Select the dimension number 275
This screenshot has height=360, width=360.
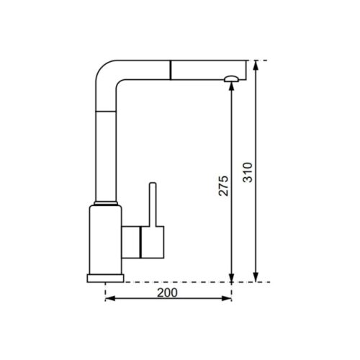pyautogui.click(x=223, y=186)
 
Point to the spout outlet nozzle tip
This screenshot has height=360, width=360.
pyautogui.click(x=230, y=78)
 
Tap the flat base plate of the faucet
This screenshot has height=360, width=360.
pyautogui.click(x=105, y=278)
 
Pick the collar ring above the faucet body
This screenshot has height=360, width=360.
pyautogui.click(x=105, y=202)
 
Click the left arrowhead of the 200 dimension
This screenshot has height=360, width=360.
pyautogui.click(x=109, y=300)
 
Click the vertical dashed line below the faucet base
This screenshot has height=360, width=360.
pyautogui.click(x=105, y=291)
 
